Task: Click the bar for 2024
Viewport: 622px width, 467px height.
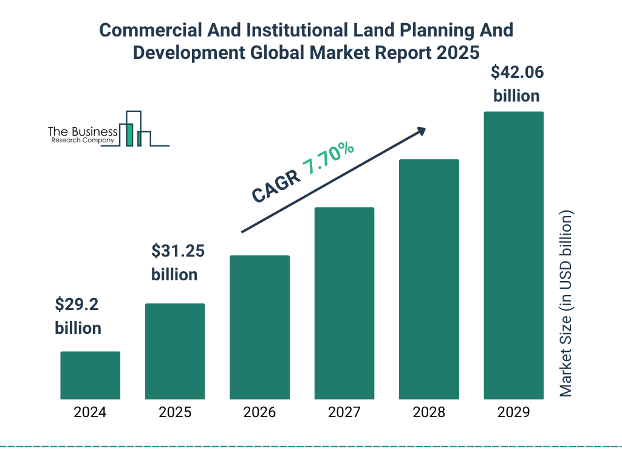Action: point(90,375)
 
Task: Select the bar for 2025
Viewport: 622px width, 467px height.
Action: point(175,351)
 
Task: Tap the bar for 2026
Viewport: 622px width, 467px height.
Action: point(259,327)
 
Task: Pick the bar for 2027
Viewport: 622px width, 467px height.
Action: point(344,303)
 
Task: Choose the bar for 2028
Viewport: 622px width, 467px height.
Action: point(429,279)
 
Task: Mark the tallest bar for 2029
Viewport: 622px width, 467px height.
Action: point(513,255)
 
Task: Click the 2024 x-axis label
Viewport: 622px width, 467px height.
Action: point(90,412)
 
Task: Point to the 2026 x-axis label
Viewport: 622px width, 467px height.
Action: point(259,412)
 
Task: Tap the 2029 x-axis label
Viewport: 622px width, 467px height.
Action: point(513,412)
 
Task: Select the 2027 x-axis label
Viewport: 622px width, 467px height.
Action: point(344,412)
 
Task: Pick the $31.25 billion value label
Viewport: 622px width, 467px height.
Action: point(174,262)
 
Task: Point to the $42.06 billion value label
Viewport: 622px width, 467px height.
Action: point(516,84)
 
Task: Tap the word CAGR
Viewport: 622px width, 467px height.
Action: point(275,186)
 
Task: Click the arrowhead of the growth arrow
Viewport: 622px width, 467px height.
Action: point(421,131)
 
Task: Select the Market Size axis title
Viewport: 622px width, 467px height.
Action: point(566,304)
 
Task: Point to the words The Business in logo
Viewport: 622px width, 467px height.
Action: point(83,132)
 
